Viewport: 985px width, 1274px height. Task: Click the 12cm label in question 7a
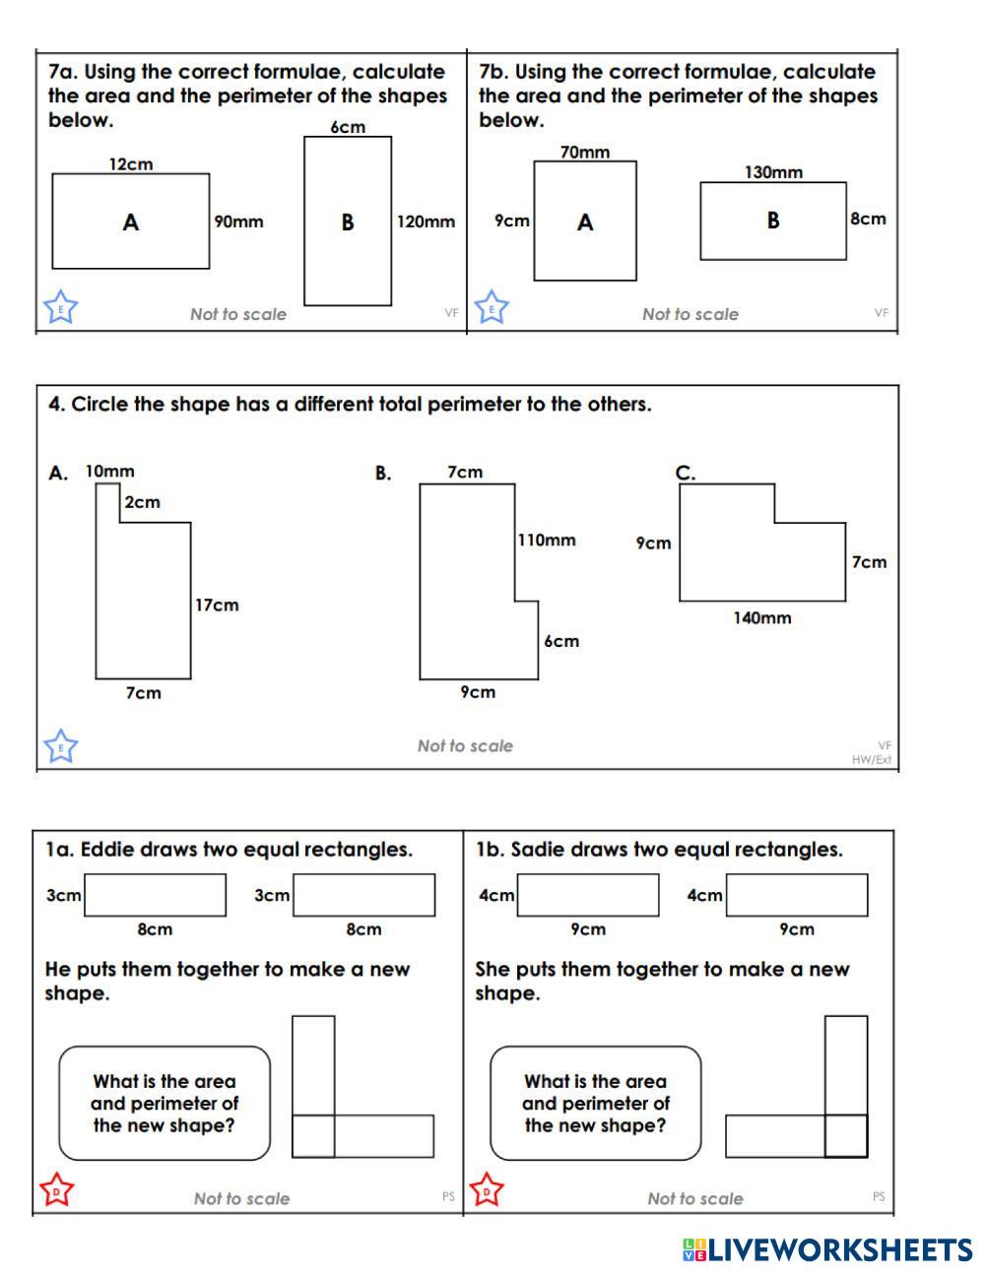point(131,164)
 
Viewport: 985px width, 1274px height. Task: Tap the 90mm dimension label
point(239,222)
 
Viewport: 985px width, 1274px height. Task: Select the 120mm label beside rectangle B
point(426,222)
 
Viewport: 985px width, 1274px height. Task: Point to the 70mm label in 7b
point(585,152)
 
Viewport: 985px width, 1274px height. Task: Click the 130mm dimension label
point(773,172)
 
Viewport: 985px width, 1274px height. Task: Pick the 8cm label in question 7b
point(868,219)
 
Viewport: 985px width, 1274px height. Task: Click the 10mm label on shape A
point(109,472)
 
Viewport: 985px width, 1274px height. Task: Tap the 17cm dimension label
point(217,605)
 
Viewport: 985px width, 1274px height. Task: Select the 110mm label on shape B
point(547,540)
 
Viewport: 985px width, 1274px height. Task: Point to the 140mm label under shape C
point(762,618)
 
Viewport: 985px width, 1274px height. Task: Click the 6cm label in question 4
point(561,641)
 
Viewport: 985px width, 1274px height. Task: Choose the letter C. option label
point(686,474)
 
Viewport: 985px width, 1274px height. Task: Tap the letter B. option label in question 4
point(383,474)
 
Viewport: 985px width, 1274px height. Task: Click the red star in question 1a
point(57,1191)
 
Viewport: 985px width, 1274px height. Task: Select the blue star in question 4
point(61,747)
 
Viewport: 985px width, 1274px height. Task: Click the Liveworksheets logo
point(827,1250)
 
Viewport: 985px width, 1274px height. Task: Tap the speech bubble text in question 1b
point(595,1104)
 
